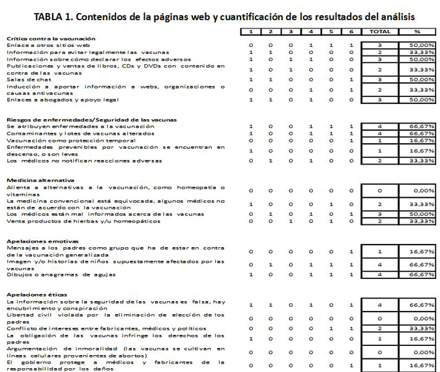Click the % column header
[x=418, y=31]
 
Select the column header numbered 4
[x=311, y=31]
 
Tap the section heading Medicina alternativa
[x=40, y=180]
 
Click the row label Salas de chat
[x=25, y=79]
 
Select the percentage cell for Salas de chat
[x=418, y=79]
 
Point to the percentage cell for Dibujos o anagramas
[x=418, y=274]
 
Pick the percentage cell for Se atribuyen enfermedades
[x=418, y=126]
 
